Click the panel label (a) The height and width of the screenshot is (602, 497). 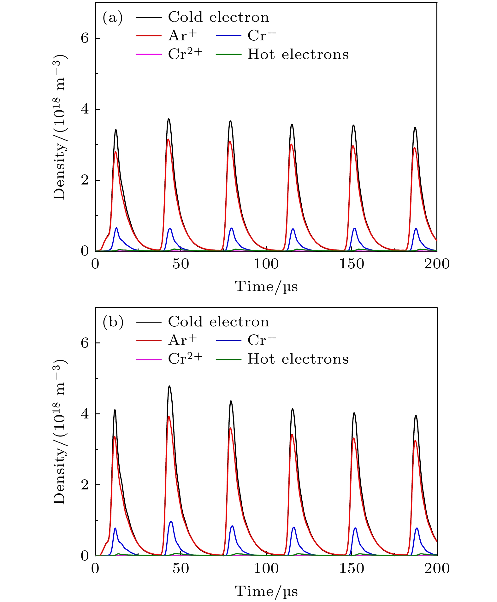(113, 18)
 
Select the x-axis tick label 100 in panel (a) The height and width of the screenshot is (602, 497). (266, 264)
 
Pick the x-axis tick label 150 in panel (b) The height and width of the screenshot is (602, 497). (352, 569)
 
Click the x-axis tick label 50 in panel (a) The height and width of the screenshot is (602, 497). (181, 264)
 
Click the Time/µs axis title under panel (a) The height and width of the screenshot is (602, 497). (266, 287)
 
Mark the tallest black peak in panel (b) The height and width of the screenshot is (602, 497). (169, 386)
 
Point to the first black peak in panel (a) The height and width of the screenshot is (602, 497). (116, 130)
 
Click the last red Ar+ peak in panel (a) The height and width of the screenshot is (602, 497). (415, 148)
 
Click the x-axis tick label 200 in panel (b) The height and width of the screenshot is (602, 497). (437, 569)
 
